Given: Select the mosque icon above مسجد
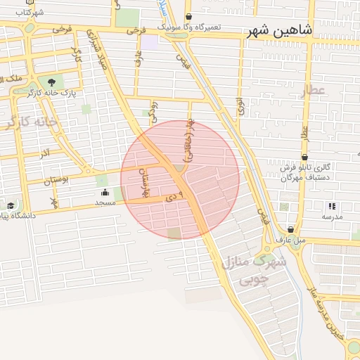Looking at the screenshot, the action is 105,192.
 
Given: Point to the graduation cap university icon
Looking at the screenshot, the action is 11,206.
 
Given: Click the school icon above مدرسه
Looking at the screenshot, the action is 332,206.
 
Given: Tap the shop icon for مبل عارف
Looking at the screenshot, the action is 290,229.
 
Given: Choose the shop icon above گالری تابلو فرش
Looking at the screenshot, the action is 304,157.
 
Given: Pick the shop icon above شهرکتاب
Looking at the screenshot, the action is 29,2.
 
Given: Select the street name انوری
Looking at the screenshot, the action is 240,105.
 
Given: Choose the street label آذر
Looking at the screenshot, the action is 46,152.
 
